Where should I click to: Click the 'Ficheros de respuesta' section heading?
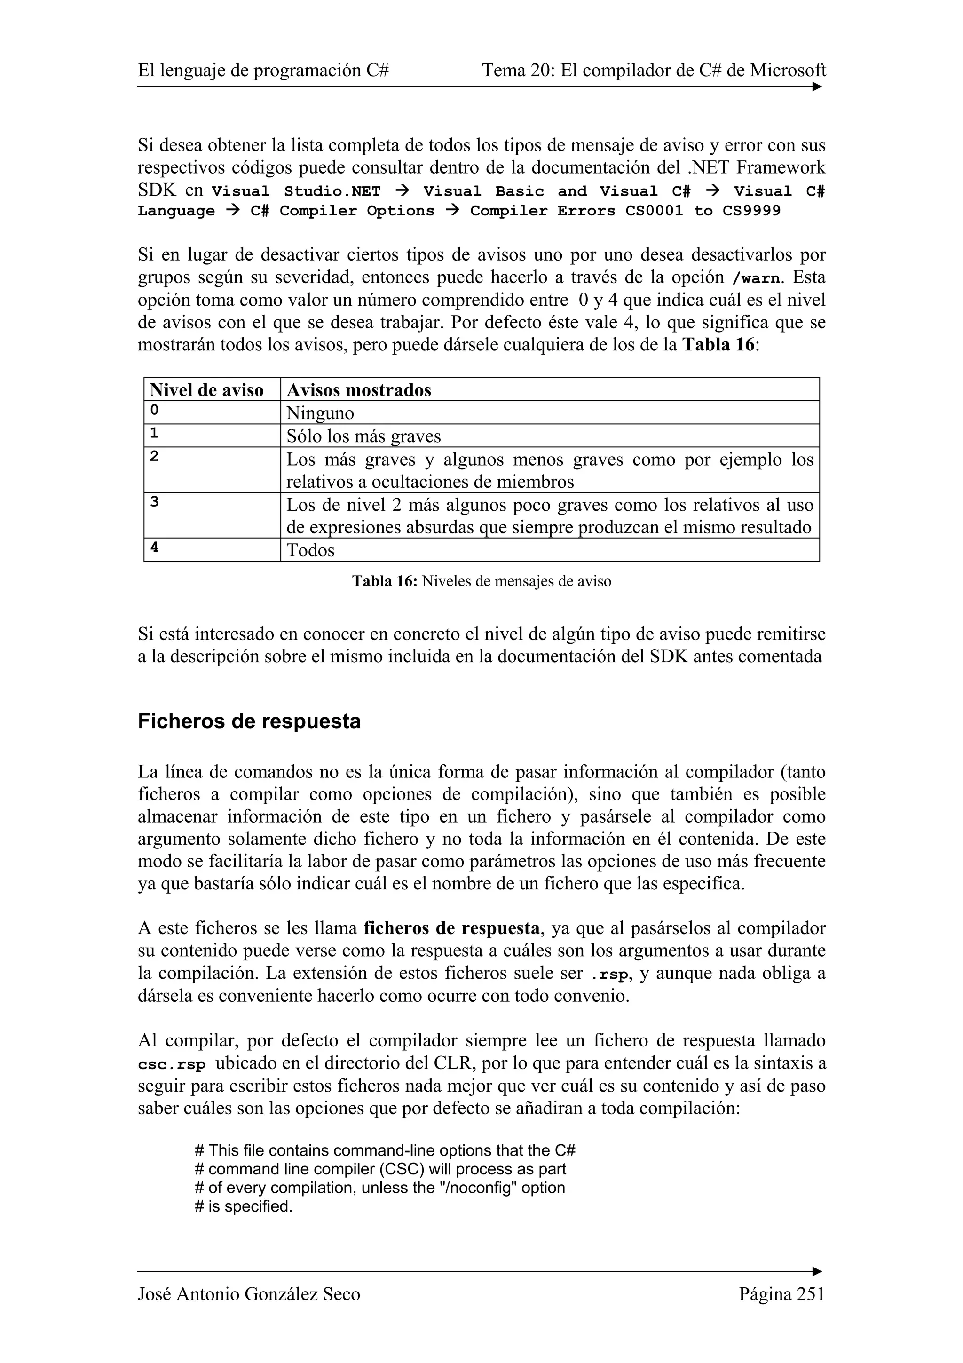tap(249, 721)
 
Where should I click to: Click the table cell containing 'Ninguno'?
tap(320, 413)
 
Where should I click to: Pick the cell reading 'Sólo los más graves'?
tap(363, 436)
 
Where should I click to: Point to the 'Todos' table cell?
tap(310, 550)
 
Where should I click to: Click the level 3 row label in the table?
tap(154, 502)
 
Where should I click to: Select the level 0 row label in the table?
tap(154, 410)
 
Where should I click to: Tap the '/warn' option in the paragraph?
tap(754, 278)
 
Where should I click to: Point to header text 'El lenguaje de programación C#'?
tap(263, 71)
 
